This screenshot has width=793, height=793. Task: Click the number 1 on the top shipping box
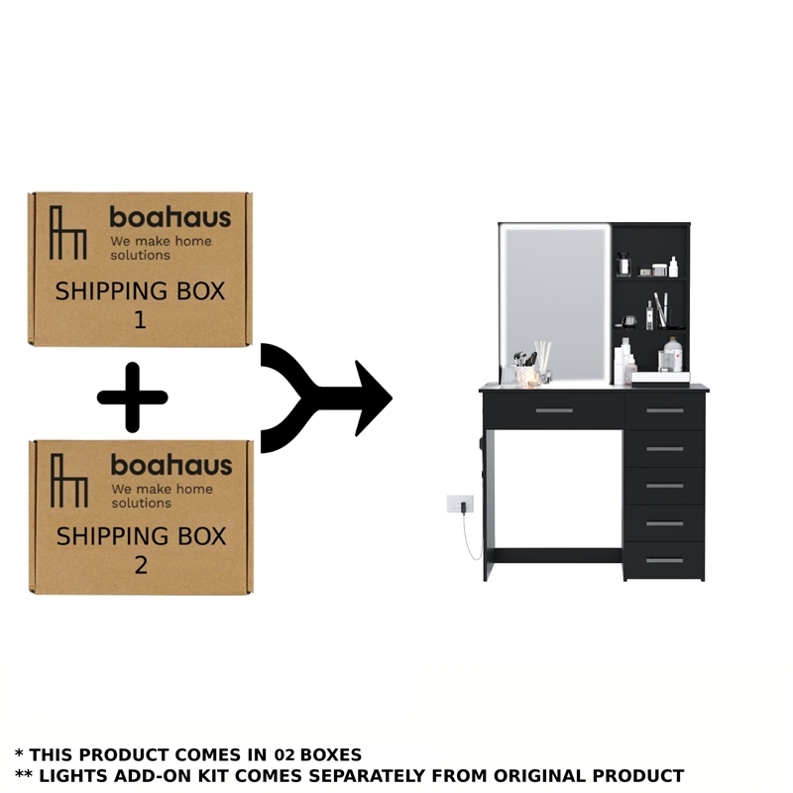pos(140,320)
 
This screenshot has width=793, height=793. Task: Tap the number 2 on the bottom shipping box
pos(141,565)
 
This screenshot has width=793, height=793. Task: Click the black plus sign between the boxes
pos(133,397)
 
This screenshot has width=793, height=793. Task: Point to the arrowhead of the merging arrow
pos(374,398)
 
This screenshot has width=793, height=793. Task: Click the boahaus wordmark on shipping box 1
pos(170,217)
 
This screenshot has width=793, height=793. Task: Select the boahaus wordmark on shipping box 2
pos(171,465)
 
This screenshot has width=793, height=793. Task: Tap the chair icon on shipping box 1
pos(68,233)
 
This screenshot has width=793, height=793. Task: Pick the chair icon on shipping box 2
pos(69,481)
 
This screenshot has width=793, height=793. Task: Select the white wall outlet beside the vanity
pos(460,504)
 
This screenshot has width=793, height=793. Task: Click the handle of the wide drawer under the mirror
pos(554,410)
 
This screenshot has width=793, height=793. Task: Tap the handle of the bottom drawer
pos(664,560)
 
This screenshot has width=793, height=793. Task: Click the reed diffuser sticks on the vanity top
pos(543,357)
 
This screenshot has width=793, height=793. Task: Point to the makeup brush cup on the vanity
pos(524,368)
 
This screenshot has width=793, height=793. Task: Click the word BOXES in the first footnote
pos(331,754)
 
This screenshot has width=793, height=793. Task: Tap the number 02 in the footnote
pos(284,754)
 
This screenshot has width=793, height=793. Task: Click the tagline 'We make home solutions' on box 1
pos(161,248)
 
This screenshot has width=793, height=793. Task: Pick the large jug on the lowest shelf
pos(673,355)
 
